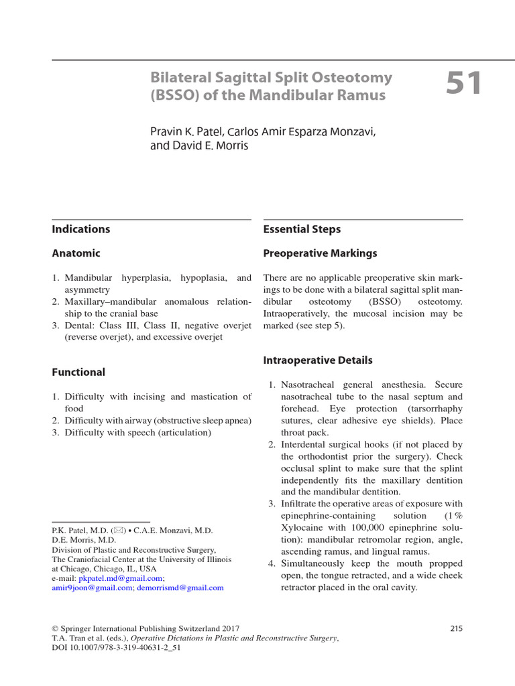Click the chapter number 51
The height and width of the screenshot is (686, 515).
pos(464,85)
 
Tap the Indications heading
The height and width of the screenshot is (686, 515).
pos(80,229)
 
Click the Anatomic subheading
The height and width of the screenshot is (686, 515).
pos(76,253)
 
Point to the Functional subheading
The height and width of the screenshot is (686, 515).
pos(78,372)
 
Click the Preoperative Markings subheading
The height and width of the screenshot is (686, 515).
pos(320,253)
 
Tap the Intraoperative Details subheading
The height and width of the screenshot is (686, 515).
pos(318,360)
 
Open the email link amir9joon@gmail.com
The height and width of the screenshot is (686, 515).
pos(92,588)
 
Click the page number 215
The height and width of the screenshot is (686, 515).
pos(456,628)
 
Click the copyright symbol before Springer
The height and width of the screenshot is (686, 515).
pos(55,628)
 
